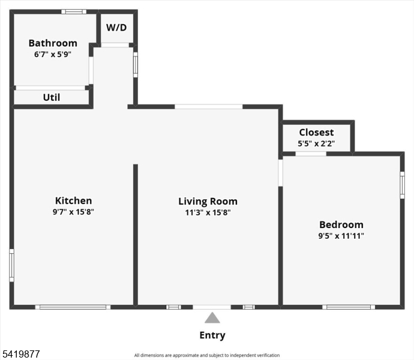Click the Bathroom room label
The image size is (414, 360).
(53, 43)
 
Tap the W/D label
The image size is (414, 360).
(116, 28)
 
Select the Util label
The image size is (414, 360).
(52, 97)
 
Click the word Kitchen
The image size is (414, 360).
(73, 200)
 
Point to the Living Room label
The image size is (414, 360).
(208, 201)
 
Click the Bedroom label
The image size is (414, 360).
(341, 224)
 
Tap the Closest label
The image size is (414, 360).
(316, 132)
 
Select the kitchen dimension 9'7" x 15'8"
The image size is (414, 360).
(73, 212)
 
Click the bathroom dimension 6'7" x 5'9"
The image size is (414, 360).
(53, 55)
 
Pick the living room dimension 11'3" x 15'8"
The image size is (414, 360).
(208, 212)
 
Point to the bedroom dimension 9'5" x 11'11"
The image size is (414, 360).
(341, 236)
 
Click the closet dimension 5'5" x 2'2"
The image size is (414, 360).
(316, 143)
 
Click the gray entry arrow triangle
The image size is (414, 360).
(212, 318)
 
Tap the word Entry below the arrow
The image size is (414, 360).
(212, 335)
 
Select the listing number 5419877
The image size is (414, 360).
(21, 354)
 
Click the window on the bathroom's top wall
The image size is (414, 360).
(74, 11)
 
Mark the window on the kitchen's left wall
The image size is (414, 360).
(11, 265)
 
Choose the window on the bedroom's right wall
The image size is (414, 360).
(402, 185)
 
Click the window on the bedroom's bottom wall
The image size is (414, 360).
(349, 307)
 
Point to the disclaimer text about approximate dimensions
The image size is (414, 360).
(207, 355)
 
